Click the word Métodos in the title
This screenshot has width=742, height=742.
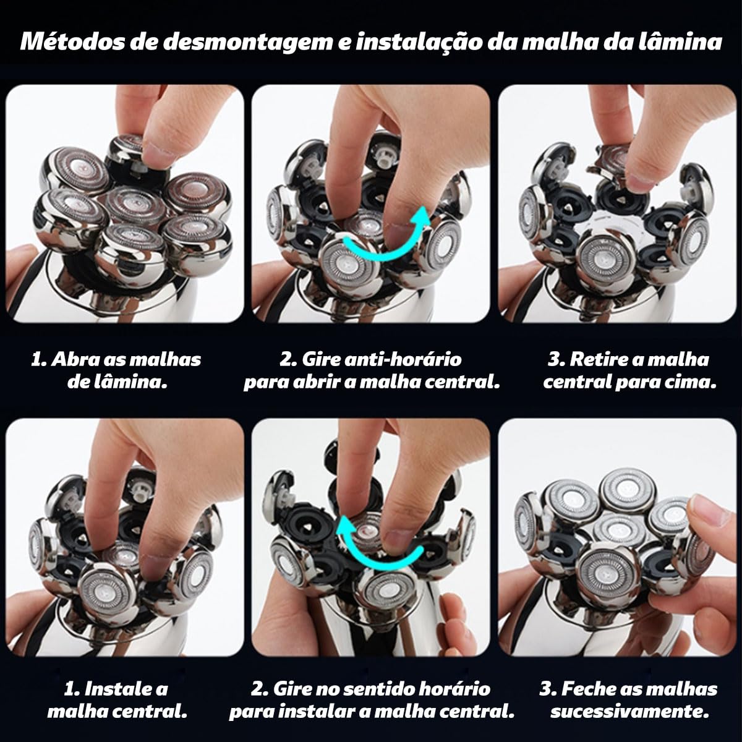[x=72, y=41]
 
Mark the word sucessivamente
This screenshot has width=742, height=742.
[x=630, y=711]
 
